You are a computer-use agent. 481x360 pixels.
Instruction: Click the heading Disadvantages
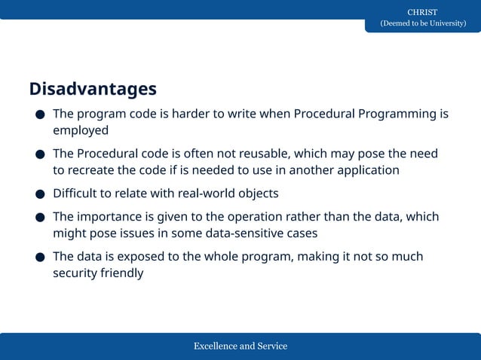pos(93,89)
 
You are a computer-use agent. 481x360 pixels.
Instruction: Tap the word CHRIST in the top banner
pos(422,12)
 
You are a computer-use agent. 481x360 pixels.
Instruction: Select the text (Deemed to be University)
pos(422,23)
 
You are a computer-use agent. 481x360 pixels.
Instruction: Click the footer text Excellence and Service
pos(240,346)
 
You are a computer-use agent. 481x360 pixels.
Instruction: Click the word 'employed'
pos(81,130)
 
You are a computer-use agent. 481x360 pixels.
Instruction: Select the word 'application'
pos(363,169)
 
